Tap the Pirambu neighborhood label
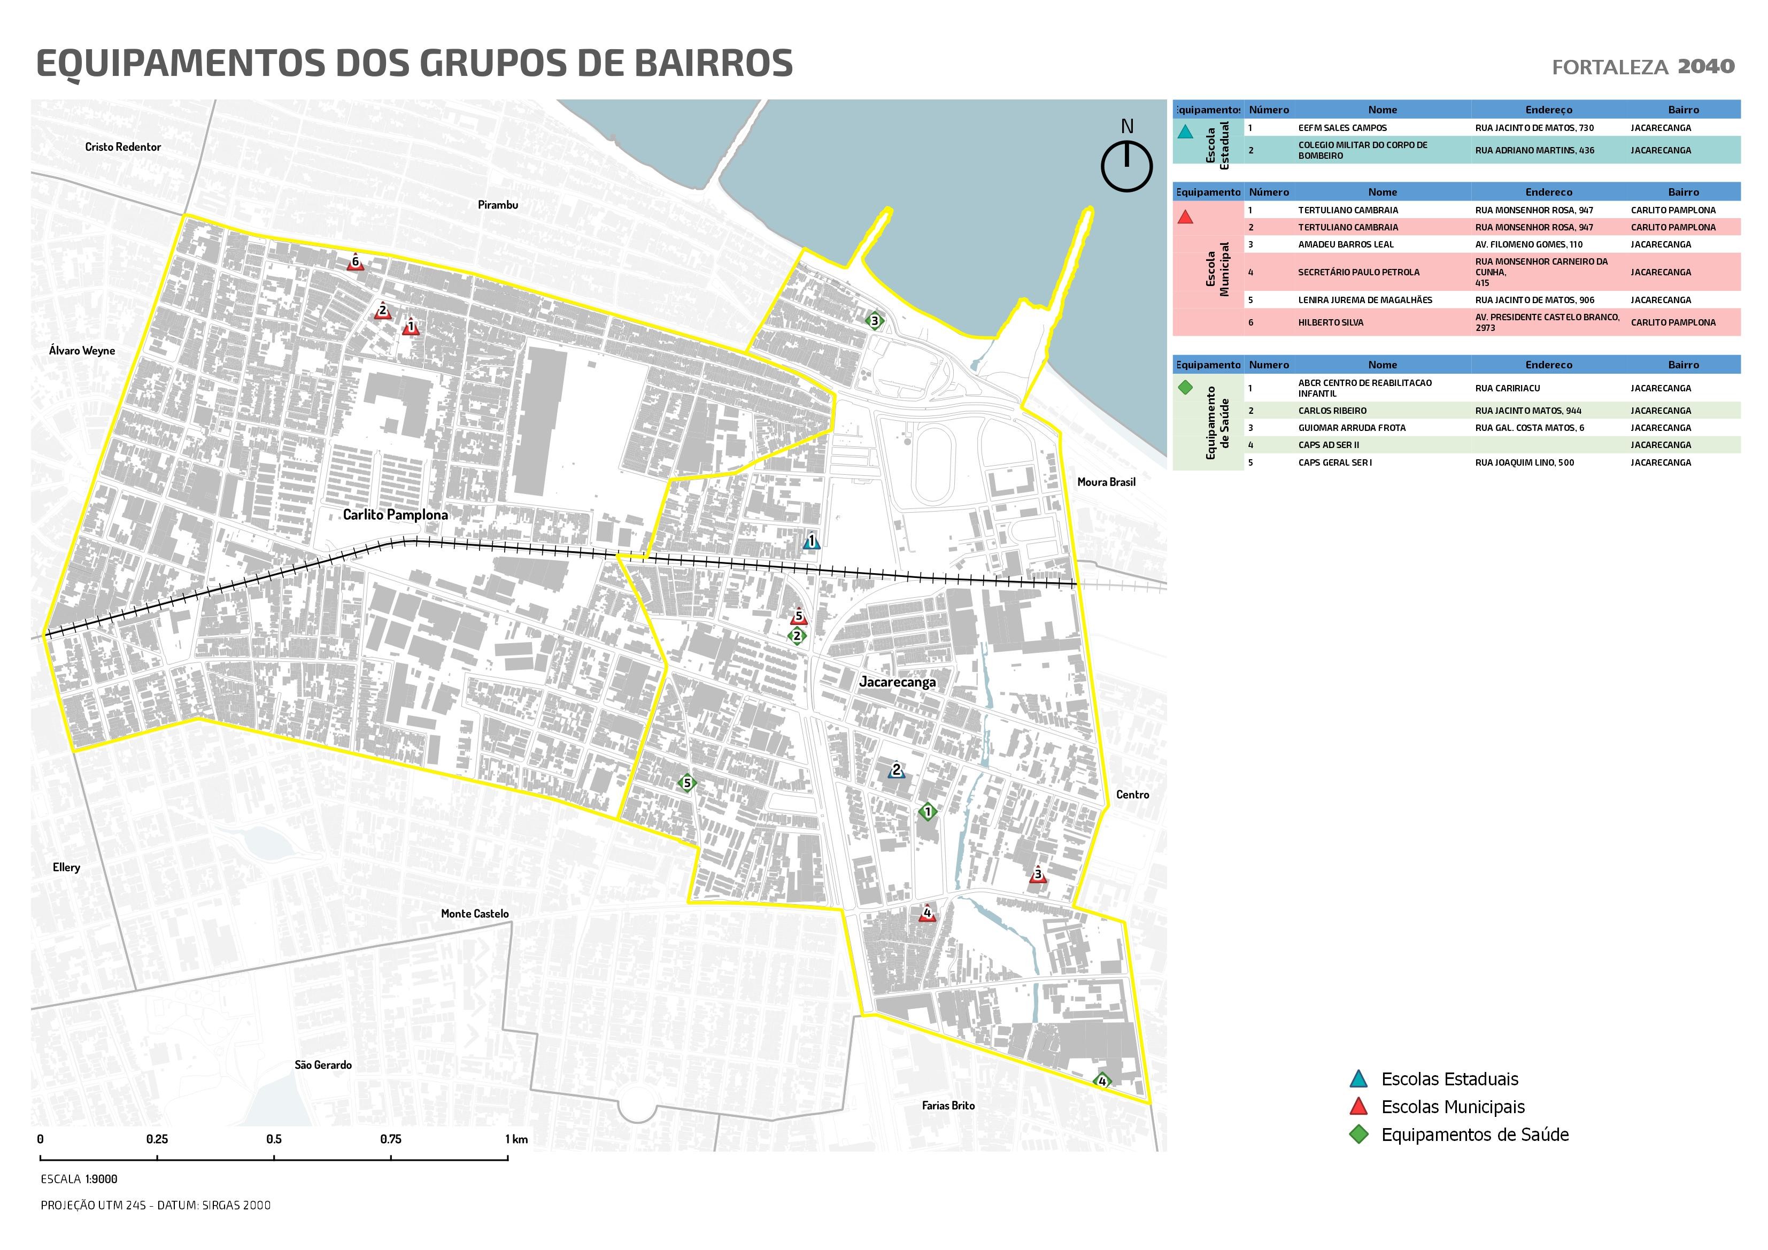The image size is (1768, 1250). tap(497, 205)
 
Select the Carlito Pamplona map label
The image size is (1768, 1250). tap(395, 514)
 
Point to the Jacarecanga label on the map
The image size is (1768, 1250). tap(897, 682)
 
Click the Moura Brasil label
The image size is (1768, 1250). tap(1106, 482)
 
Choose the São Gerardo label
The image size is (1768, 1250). tap(322, 1065)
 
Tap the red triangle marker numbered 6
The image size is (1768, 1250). tap(355, 263)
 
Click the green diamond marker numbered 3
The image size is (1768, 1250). tap(874, 320)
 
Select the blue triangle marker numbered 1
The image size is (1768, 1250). tap(811, 542)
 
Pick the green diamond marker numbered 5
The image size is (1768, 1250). tap(687, 783)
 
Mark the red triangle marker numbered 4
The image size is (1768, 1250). tap(927, 913)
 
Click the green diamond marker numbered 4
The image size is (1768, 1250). tap(1102, 1082)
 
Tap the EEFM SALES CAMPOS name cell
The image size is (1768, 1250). tap(1342, 128)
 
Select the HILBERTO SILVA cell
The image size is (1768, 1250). tap(1331, 323)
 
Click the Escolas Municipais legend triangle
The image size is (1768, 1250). tap(1359, 1107)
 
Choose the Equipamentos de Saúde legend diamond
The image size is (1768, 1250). tap(1359, 1135)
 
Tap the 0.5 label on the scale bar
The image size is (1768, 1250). tap(274, 1139)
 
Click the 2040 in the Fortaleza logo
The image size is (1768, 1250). tap(1707, 66)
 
